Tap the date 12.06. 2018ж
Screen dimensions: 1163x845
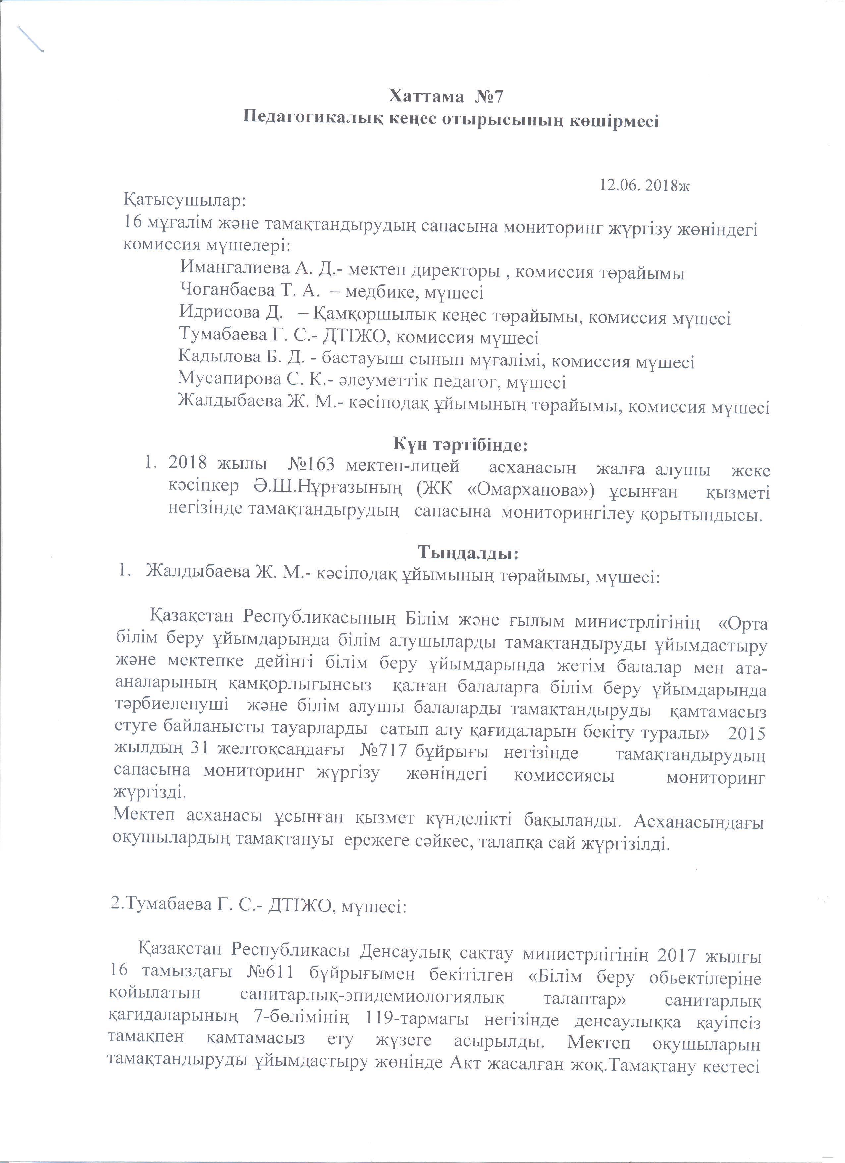click(x=645, y=185)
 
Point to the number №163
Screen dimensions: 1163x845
click(x=312, y=468)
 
